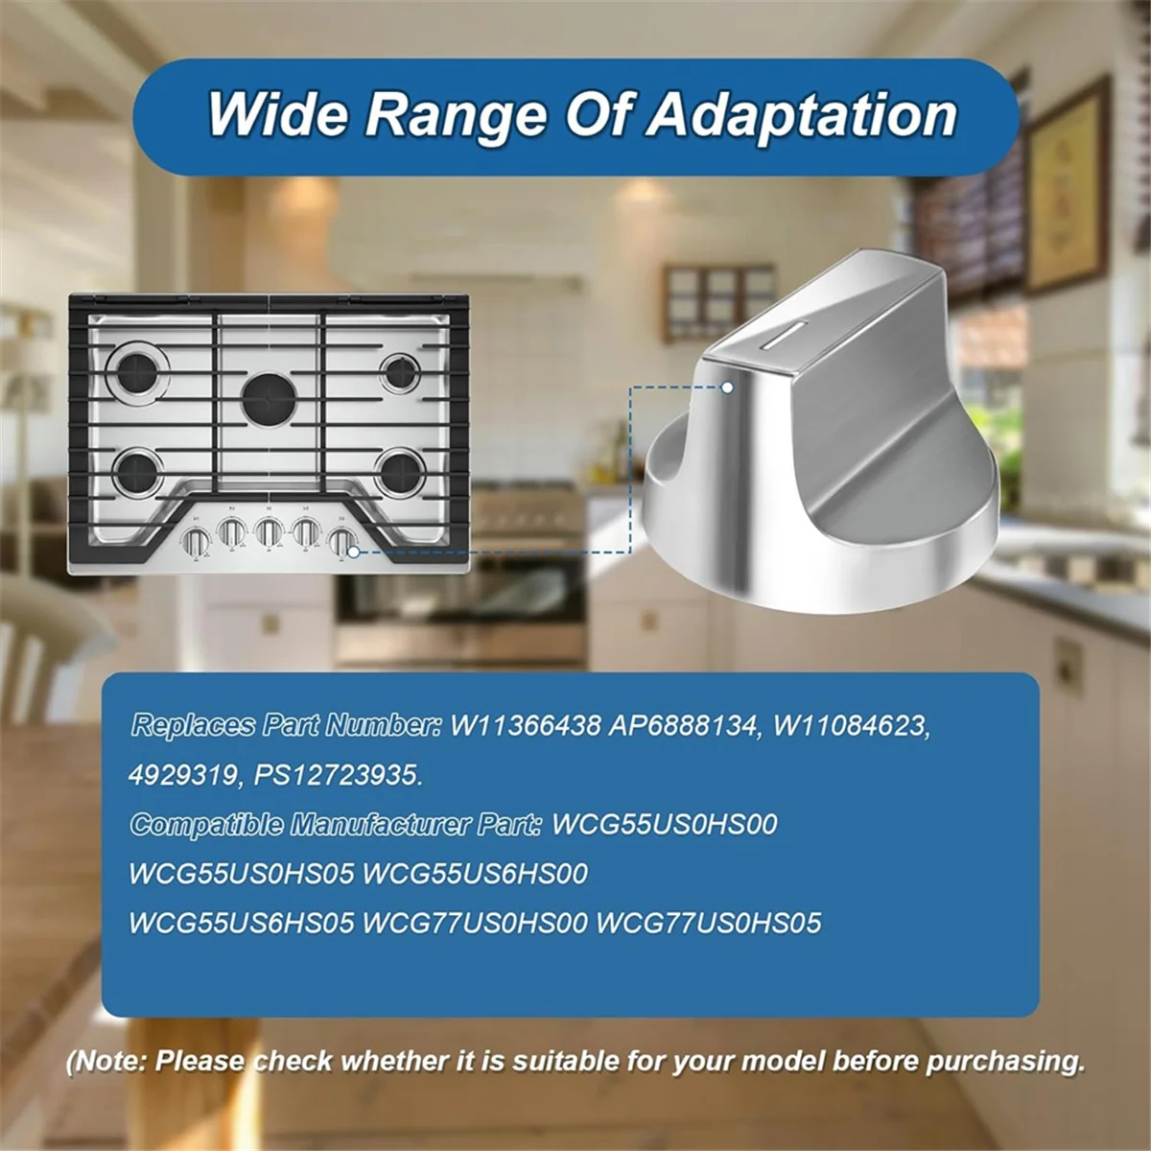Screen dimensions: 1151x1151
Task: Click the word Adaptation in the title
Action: (801, 115)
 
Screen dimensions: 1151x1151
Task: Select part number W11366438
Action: (524, 725)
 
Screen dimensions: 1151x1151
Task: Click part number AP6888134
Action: (683, 725)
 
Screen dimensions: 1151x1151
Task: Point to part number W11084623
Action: (850, 725)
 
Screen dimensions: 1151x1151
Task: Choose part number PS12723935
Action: (338, 775)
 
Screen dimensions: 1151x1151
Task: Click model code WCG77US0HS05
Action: (709, 923)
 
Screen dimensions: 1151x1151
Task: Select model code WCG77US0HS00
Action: (475, 923)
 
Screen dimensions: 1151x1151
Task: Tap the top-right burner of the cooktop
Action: (398, 371)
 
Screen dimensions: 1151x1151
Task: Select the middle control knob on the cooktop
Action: (269, 532)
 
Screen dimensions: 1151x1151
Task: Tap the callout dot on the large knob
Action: (728, 388)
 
